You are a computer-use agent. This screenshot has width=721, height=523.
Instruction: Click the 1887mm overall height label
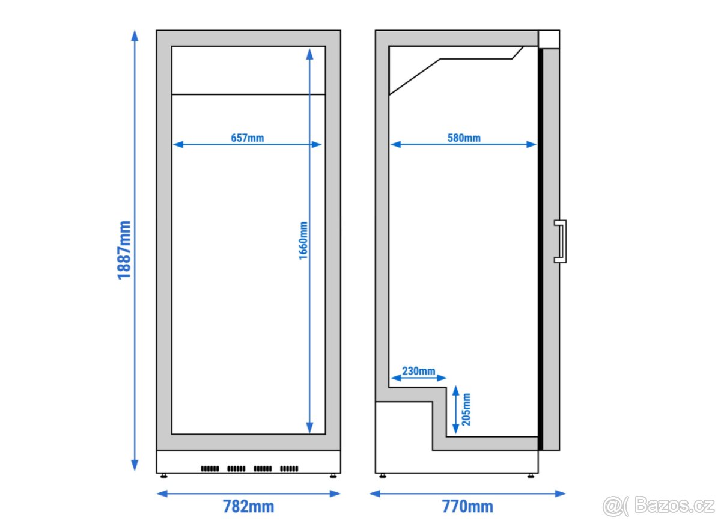point(124,250)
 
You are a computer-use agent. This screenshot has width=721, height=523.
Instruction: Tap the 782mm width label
point(249,506)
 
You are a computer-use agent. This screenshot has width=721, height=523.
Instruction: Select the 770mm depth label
point(467,506)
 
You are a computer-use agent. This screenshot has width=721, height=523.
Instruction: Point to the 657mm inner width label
point(247,138)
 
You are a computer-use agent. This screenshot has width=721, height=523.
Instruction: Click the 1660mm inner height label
point(303,240)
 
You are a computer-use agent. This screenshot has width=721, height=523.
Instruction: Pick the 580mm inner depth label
point(464,138)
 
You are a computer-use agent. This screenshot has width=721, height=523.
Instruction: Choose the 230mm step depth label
point(418,371)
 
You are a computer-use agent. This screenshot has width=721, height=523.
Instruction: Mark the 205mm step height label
point(466,409)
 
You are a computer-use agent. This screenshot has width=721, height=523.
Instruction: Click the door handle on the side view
point(561,242)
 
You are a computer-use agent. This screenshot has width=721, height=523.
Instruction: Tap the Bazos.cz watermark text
point(674,504)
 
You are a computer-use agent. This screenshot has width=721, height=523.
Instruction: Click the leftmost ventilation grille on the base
point(210,469)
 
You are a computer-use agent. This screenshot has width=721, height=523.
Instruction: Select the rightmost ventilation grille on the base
point(289,469)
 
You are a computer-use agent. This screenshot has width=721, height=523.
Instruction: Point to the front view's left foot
point(164,476)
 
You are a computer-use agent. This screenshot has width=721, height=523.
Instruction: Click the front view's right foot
point(333,476)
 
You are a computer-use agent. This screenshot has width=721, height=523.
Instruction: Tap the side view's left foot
point(383,476)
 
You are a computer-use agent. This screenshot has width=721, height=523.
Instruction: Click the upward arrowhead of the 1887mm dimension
point(135,35)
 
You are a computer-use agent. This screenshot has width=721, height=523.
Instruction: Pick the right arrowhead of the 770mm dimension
point(561,494)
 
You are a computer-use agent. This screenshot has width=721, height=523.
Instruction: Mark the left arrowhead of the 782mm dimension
point(162,494)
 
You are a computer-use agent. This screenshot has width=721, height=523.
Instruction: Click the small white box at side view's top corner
point(549,39)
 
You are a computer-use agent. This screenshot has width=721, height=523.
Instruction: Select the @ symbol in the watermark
point(612,506)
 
